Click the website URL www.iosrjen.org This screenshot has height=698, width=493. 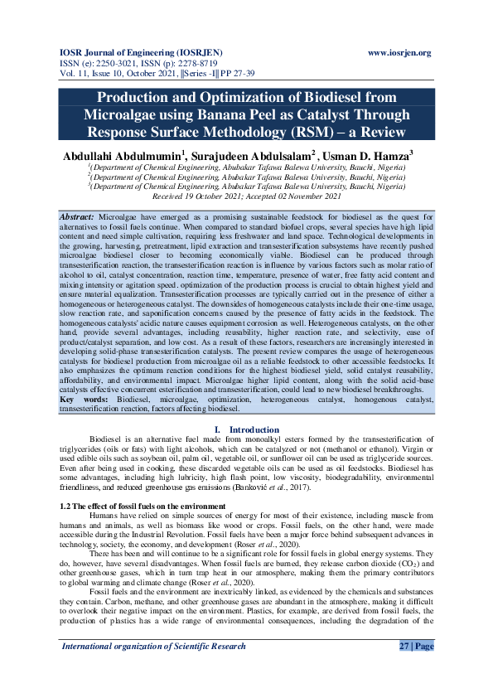399,53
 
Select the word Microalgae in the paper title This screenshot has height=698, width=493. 122,114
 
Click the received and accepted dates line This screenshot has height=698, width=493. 247,197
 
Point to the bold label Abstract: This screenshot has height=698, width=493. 77,216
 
